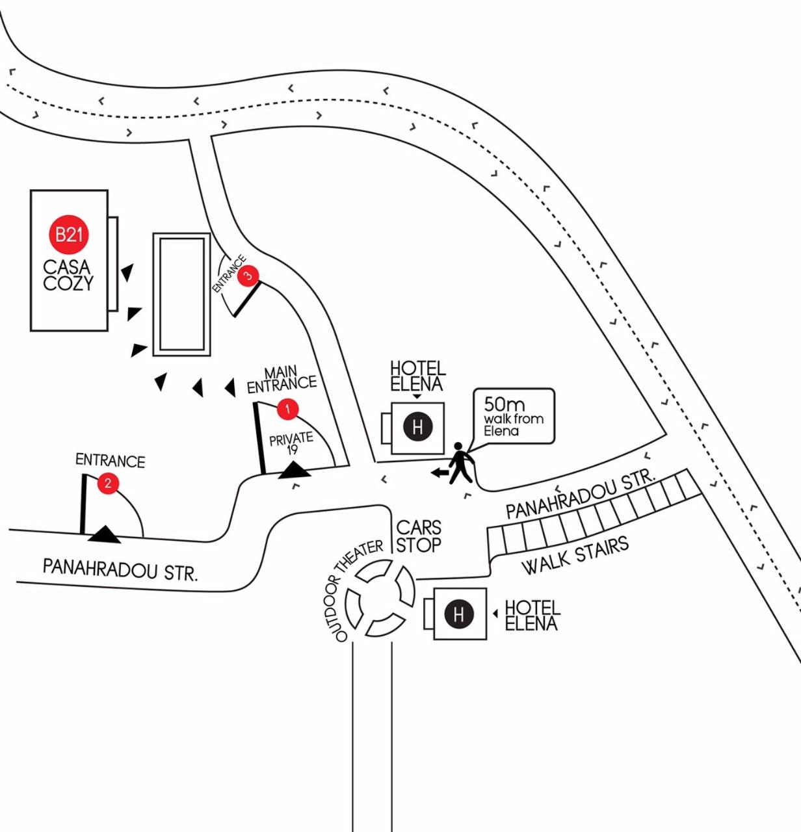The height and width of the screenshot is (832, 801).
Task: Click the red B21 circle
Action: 69,234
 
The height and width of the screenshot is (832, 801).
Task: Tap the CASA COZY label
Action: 68,275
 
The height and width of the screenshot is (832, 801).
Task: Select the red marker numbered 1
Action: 287,409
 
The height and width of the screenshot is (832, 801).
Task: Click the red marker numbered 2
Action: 108,483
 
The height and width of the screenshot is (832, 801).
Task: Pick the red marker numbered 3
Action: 248,276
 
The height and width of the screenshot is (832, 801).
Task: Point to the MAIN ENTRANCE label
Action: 282,380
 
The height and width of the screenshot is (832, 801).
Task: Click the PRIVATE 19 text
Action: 291,443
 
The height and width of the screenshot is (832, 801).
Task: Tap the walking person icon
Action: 461,463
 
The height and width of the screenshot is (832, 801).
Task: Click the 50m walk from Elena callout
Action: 514,417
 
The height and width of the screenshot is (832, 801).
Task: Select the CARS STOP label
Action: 419,536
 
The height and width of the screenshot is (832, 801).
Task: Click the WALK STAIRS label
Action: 575,556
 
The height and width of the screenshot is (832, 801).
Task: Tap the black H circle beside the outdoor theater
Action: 459,614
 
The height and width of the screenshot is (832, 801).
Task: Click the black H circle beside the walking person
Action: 417,427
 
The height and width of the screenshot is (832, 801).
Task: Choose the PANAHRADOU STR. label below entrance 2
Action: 120,569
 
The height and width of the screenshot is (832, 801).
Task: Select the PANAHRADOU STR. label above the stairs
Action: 580,495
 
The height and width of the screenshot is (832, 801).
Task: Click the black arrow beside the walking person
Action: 440,473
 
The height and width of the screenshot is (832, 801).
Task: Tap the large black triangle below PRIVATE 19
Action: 295,469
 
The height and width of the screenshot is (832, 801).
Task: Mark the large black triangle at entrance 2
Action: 104,535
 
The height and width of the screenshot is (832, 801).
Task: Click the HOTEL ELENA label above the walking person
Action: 417,376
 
